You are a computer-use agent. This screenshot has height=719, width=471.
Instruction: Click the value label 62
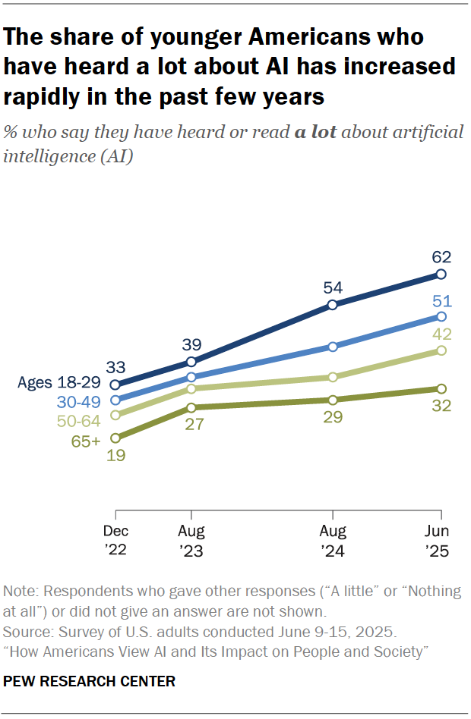click(x=441, y=255)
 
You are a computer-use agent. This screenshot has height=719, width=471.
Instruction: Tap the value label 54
click(x=332, y=287)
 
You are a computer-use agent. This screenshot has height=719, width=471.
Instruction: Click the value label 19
click(x=115, y=456)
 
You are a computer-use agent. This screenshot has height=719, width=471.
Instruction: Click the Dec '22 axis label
click(x=115, y=542)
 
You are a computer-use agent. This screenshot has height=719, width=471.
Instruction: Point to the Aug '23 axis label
click(x=191, y=542)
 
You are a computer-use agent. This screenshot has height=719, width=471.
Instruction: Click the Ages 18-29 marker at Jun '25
click(x=441, y=275)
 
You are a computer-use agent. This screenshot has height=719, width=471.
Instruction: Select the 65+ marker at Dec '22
click(x=115, y=438)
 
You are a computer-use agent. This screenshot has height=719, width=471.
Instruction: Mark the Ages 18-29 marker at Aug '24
click(x=332, y=305)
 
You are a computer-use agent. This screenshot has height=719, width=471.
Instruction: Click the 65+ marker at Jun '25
click(x=441, y=388)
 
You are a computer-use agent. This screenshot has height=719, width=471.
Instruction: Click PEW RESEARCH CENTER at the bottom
click(x=90, y=681)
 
